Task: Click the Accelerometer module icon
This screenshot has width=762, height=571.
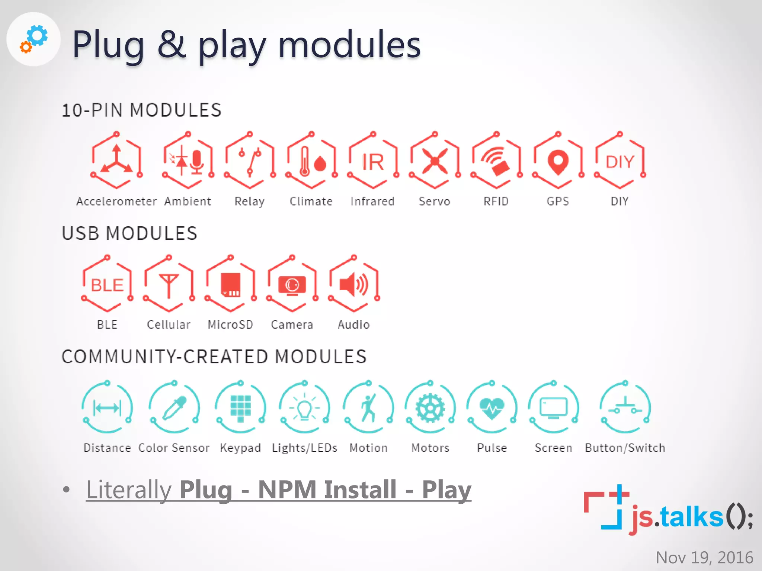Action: pos(116,161)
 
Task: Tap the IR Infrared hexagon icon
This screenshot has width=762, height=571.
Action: pos(373,161)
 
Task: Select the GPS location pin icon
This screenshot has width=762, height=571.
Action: pos(558,161)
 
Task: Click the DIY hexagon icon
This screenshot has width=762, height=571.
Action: pos(619,161)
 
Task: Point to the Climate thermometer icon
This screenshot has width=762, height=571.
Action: pos(311,161)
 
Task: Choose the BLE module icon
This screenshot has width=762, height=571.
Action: pos(107,285)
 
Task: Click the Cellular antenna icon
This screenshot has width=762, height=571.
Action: pos(169,285)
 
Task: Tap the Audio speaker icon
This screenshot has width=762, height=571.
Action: pos(354,285)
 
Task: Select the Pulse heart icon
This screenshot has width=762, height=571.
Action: pos(492,408)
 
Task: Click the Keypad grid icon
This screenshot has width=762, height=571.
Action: pos(240,408)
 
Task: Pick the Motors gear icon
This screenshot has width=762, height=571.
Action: pos(430,408)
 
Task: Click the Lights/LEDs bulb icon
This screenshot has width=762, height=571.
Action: pos(305,408)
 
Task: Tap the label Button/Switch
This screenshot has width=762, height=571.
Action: pos(625,448)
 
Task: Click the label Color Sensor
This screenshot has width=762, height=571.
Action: pos(174,448)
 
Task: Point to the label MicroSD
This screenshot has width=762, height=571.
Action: pos(230,325)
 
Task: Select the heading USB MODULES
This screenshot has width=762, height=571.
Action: pos(129,233)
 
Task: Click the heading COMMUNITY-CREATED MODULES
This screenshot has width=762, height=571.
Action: pos(214,357)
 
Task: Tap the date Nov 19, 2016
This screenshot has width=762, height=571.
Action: pos(704,558)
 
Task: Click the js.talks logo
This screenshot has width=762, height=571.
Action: pos(668,512)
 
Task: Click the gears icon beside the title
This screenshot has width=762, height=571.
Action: pos(34,39)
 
